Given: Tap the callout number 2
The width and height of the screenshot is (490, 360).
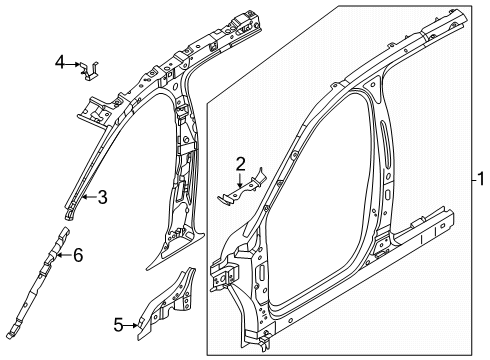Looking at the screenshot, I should tap(240, 163).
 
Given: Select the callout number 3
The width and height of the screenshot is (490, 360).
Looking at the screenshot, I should tap(103, 197).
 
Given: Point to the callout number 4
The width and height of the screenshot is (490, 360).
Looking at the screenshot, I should tap(61, 63).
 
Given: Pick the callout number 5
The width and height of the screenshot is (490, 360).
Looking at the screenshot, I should tap(117, 324).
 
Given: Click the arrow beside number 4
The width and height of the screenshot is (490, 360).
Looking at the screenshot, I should tap(76, 64).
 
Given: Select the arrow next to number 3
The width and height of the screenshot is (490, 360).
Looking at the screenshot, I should tap(88, 198).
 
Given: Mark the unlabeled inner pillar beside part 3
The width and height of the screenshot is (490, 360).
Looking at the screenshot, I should tap(185, 190).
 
